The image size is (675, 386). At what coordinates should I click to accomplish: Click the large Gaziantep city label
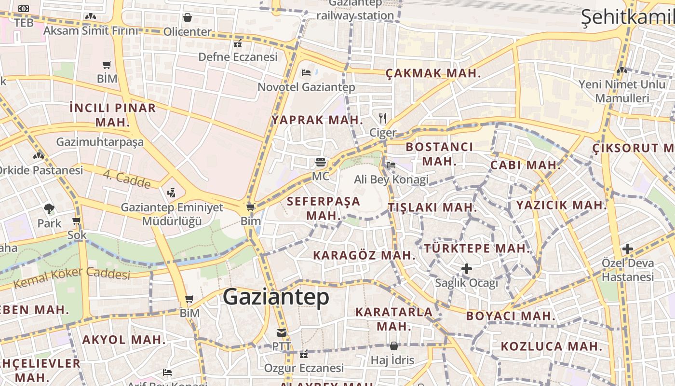[x=276, y=296]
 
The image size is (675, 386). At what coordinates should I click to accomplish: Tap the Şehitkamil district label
[x=627, y=16]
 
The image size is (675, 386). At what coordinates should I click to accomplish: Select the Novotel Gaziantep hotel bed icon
[x=306, y=73]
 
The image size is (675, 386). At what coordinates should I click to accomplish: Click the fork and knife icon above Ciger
[x=383, y=118]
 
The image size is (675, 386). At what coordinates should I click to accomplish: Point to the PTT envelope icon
[x=282, y=332]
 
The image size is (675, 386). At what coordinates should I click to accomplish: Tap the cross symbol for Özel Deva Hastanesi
[x=627, y=249]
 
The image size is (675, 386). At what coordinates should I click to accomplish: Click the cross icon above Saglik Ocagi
[x=466, y=268]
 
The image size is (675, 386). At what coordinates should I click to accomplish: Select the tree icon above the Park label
[x=49, y=209]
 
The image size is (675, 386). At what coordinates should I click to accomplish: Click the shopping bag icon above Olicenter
[x=188, y=17]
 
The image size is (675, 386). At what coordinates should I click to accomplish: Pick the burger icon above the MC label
[x=321, y=162]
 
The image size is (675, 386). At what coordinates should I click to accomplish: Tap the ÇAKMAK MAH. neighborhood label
[x=433, y=73]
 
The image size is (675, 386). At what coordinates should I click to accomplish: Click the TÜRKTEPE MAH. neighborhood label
[x=477, y=248]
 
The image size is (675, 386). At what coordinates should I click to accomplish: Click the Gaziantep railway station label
[x=355, y=10]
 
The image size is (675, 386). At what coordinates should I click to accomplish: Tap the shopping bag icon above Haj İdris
[x=393, y=346]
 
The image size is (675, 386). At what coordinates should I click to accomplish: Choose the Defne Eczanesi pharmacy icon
[x=237, y=43]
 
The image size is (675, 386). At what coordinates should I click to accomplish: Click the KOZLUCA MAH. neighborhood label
[x=551, y=346]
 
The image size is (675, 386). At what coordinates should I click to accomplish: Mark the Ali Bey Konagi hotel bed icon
[x=391, y=165]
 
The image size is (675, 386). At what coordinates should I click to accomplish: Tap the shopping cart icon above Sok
[x=76, y=221]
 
